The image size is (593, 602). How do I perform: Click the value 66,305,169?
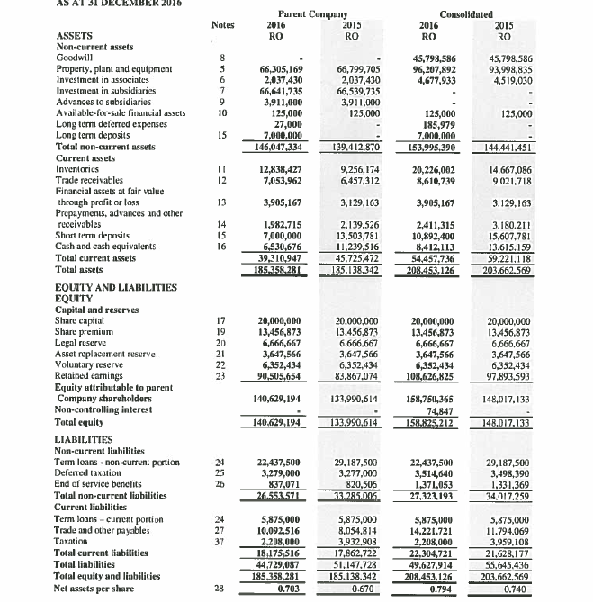[x=280, y=68]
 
